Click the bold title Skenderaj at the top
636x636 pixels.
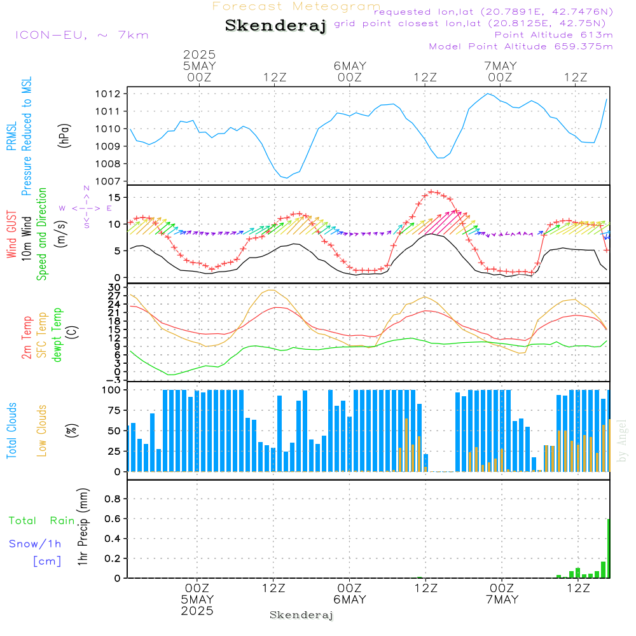(x=275, y=25)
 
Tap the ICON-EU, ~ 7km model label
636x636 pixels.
(x=81, y=35)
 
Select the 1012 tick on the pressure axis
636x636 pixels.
(x=109, y=94)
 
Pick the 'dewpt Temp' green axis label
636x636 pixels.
(x=58, y=335)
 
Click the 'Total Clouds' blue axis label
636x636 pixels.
(x=12, y=431)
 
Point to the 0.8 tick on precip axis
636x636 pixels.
(x=112, y=499)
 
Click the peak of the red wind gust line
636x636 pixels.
(x=433, y=191)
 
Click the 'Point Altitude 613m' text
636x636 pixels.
(x=553, y=35)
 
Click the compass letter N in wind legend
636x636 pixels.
(x=86, y=189)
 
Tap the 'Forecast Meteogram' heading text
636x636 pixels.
(x=296, y=7)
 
